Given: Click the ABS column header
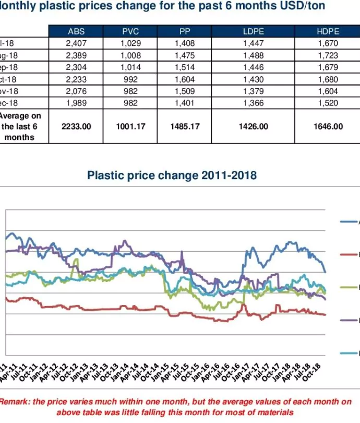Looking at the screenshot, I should [76, 32].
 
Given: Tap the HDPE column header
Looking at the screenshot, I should [328, 32].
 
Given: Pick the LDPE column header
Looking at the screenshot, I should [254, 32].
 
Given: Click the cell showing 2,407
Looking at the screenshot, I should [76, 43].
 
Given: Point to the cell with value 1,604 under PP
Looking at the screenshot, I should [185, 79].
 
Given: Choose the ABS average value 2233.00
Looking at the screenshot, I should [76, 126].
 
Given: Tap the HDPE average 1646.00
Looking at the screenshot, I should [328, 126].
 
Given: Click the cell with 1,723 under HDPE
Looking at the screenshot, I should [328, 55].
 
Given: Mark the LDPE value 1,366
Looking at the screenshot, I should [254, 103].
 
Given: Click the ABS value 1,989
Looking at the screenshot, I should [76, 103].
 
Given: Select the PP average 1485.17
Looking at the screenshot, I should [185, 126].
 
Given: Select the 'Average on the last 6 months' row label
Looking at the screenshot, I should [21, 126].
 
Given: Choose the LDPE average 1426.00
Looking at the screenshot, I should [254, 126].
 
